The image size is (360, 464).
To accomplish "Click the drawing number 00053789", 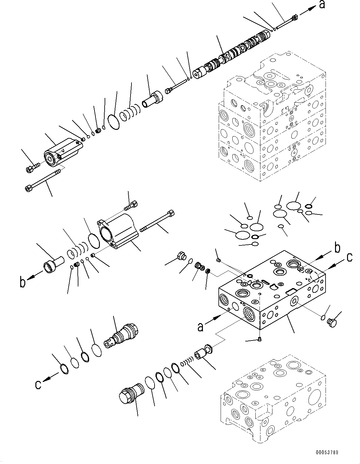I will click(327, 452).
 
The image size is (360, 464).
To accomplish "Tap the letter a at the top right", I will click(322, 5).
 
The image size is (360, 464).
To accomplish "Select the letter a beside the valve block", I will click(200, 327).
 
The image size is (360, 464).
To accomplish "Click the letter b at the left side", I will click(22, 282).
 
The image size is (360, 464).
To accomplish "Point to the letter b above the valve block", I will click(338, 249).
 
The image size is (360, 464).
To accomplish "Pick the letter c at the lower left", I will click(38, 385).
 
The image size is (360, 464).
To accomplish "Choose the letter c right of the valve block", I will click(350, 257).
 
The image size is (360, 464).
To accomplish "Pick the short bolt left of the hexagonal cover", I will click(32, 168).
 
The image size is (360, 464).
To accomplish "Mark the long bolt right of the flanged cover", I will click(157, 221).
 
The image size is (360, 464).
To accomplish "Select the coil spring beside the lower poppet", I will click(187, 362).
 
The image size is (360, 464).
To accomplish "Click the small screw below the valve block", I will click(259, 339).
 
